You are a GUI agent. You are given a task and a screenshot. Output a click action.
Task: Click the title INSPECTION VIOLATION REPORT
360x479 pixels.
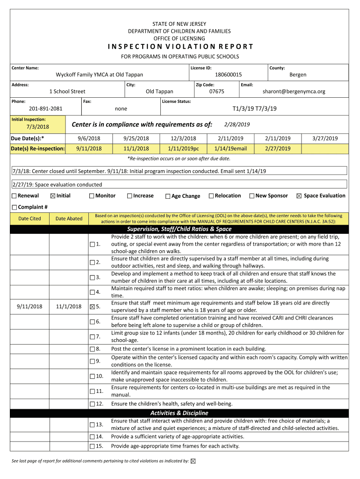tap(180, 47)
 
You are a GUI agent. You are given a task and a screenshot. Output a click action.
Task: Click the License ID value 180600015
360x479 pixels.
tap(228, 75)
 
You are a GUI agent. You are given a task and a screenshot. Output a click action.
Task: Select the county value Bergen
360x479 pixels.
tap(298, 75)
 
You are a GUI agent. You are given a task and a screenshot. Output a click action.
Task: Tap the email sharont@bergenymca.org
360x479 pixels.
tap(294, 92)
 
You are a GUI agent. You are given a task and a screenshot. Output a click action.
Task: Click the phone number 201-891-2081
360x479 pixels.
tap(45, 109)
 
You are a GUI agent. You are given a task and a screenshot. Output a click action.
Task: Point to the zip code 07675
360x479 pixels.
tap(216, 92)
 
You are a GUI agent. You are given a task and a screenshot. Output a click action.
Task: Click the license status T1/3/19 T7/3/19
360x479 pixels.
tap(254, 109)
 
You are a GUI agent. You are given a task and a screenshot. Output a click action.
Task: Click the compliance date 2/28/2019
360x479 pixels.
tap(237, 124)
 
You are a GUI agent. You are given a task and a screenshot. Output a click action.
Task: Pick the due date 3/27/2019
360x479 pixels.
tap(324, 138)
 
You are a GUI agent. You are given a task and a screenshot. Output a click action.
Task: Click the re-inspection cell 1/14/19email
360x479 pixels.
tap(230, 149)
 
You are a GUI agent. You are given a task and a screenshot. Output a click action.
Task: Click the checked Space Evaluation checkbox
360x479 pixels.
tap(299, 196)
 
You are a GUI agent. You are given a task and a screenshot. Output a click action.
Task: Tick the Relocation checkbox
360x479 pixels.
tap(211, 196)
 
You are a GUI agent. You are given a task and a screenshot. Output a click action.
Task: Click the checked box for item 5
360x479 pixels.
tap(92, 307)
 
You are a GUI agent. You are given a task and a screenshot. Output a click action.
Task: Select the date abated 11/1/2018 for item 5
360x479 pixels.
tap(68, 307)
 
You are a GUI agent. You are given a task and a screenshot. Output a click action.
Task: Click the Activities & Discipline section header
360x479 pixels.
tap(180, 413)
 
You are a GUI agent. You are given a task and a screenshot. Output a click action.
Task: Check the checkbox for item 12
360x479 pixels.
tap(92, 404)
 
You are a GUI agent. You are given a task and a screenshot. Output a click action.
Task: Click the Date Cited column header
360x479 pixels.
tap(29, 218)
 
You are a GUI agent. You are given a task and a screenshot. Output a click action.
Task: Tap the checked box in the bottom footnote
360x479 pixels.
tap(194, 461)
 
